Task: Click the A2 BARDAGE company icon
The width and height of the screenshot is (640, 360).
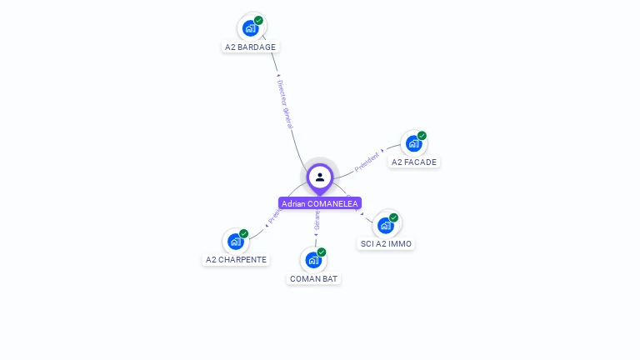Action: (x=250, y=28)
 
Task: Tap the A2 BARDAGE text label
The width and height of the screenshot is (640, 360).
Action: (x=250, y=47)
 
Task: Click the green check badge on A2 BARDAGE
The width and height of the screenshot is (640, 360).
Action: (x=258, y=21)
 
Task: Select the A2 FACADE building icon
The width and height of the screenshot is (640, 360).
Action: (x=413, y=143)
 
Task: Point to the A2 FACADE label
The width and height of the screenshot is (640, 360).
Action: (x=414, y=162)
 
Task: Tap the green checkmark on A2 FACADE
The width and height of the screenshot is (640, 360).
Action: (x=422, y=136)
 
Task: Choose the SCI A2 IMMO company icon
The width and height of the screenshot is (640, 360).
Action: (x=385, y=225)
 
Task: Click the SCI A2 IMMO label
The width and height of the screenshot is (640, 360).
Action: (x=386, y=244)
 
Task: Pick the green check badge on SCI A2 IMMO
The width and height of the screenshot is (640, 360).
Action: (x=393, y=217)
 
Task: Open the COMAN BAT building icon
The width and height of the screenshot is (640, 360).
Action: (x=313, y=259)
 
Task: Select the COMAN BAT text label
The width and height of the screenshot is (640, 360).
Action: (x=314, y=278)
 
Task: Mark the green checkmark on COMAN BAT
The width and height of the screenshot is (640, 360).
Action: (x=322, y=252)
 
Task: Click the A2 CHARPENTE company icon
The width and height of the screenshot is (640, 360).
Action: (x=236, y=241)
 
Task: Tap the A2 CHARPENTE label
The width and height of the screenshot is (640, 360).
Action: (x=237, y=260)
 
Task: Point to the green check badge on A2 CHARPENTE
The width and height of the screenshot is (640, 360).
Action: (x=244, y=233)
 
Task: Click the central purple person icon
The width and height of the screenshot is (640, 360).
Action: (x=320, y=177)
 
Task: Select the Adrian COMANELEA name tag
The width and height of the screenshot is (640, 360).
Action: (x=320, y=203)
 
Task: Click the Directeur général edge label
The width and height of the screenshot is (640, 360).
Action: (x=285, y=104)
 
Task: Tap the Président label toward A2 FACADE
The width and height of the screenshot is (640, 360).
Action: (x=367, y=162)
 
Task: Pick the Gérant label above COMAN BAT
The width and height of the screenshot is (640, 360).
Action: (x=317, y=220)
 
